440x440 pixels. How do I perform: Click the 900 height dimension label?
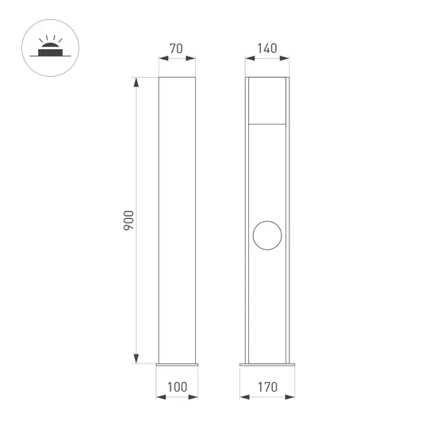coord(129,220)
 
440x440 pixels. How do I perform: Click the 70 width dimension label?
coord(177,48)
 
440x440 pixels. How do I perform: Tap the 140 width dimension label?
coord(266,48)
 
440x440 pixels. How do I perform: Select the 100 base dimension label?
coord(177,388)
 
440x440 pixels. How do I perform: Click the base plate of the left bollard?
coord(177,365)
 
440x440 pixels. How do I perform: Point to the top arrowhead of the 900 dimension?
coord(138,81)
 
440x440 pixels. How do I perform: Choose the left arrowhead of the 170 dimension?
coord(243,376)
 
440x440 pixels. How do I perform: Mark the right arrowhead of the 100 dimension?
coord(195,376)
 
